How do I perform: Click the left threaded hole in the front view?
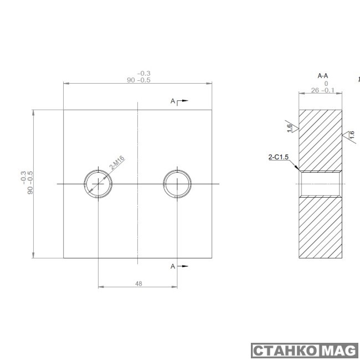(98, 183)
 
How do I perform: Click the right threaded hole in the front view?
(177, 183)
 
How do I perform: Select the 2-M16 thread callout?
(117, 163)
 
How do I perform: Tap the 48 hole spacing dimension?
(138, 283)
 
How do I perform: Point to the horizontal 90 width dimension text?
(139, 80)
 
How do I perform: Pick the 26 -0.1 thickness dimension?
(322, 90)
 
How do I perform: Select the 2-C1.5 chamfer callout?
(280, 157)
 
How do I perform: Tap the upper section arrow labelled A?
(179, 101)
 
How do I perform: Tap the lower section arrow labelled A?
(179, 266)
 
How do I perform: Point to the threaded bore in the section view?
(320, 184)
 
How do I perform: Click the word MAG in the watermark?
(338, 351)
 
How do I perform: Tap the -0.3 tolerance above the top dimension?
(143, 73)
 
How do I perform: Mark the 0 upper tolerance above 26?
(326, 83)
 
